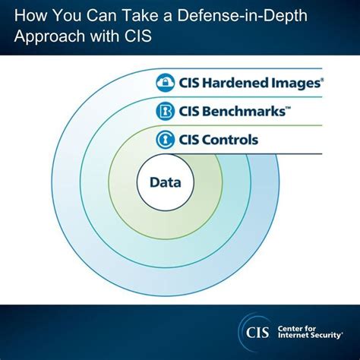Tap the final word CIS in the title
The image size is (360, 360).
[x=126, y=36]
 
